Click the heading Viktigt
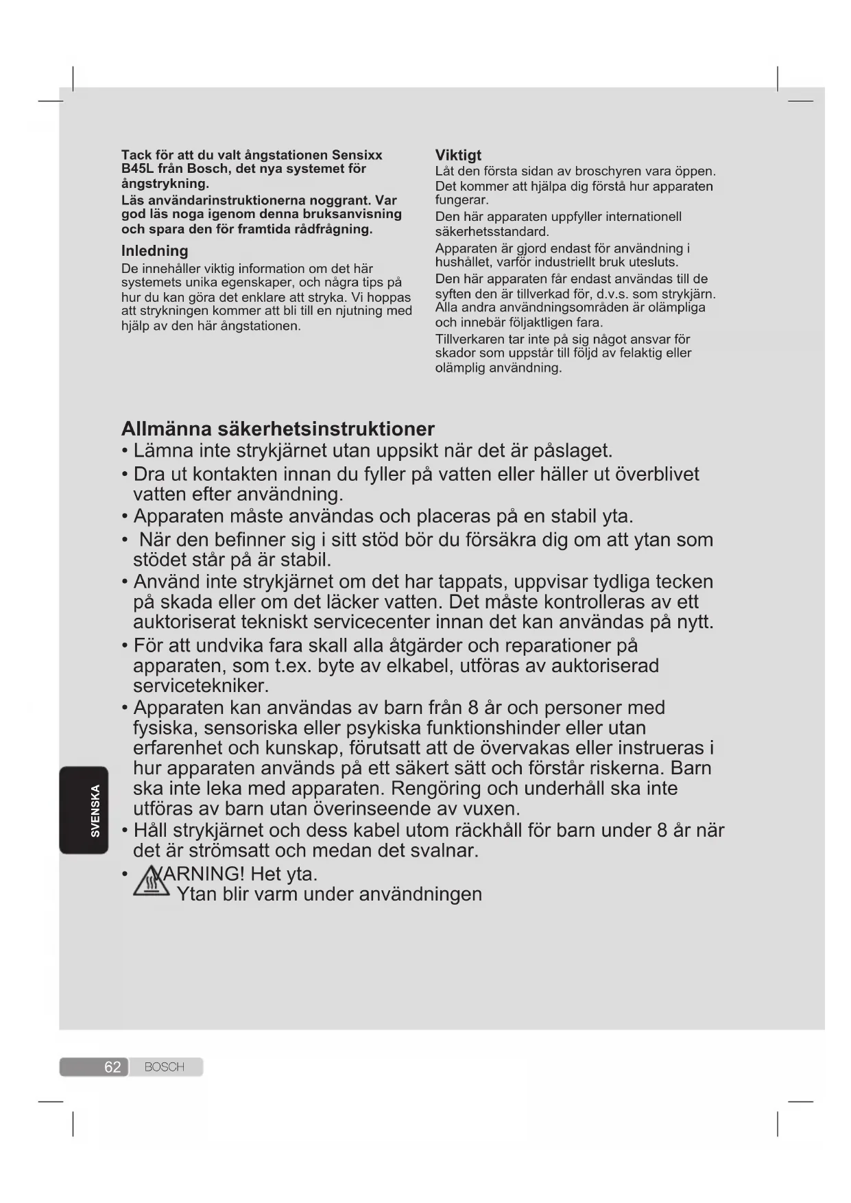[458, 156]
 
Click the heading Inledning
[154, 251]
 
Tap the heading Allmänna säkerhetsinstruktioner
[278, 429]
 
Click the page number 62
[112, 1067]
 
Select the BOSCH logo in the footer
[165, 1067]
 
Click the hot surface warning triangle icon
[151, 883]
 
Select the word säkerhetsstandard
[492, 232]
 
